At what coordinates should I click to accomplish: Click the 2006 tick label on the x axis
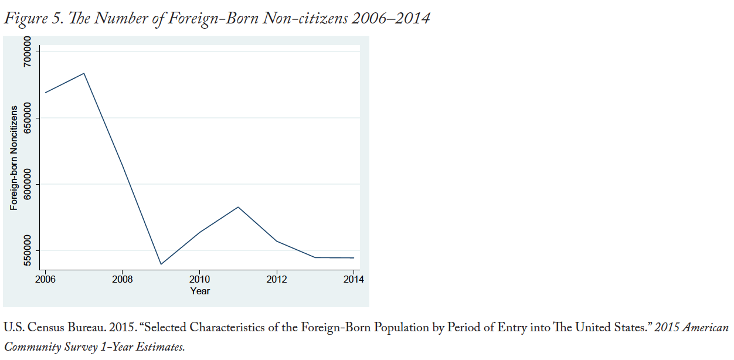tap(45, 280)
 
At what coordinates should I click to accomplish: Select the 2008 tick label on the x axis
tap(122, 280)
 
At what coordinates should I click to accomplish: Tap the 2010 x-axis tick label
tap(199, 280)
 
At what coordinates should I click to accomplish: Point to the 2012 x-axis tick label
tap(276, 280)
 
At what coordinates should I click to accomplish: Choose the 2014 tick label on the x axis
tap(354, 280)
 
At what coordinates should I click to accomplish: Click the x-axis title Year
tap(200, 291)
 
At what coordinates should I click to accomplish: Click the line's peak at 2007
tap(84, 73)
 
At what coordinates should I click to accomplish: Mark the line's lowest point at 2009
tap(161, 264)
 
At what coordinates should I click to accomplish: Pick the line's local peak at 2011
tap(238, 207)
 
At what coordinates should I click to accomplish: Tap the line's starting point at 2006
tap(45, 93)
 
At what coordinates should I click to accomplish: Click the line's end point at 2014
tap(354, 258)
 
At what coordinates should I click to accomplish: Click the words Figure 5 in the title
tap(29, 18)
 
